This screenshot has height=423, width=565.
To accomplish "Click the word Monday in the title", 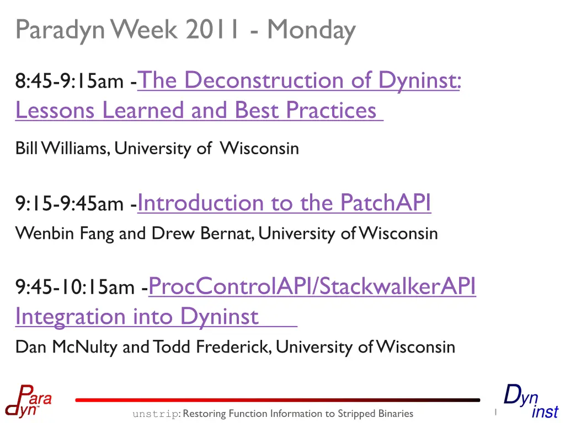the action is click(x=311, y=30).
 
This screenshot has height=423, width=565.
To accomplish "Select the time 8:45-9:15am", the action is click(x=69, y=80).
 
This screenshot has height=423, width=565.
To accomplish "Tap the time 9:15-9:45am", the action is click(x=69, y=204).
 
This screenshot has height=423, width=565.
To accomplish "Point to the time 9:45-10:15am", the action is click(x=74, y=288).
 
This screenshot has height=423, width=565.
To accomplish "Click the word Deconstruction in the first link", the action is click(x=264, y=79).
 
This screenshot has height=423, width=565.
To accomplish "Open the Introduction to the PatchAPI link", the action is click(x=284, y=203).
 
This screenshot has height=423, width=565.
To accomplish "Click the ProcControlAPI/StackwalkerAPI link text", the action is click(x=312, y=286).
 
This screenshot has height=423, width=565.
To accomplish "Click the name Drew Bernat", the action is click(x=201, y=234).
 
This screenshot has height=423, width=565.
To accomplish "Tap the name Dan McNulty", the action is click(x=66, y=347).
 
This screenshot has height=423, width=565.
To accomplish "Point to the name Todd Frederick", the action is click(x=211, y=347).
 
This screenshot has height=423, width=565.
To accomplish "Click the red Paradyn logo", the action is click(x=29, y=401).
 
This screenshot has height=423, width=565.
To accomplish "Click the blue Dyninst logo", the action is click(x=531, y=402).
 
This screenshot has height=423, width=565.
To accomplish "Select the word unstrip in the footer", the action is click(x=155, y=414).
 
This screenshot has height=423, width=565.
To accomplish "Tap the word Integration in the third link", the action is click(x=70, y=317).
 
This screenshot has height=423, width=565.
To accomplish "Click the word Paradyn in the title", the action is click(x=60, y=31).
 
